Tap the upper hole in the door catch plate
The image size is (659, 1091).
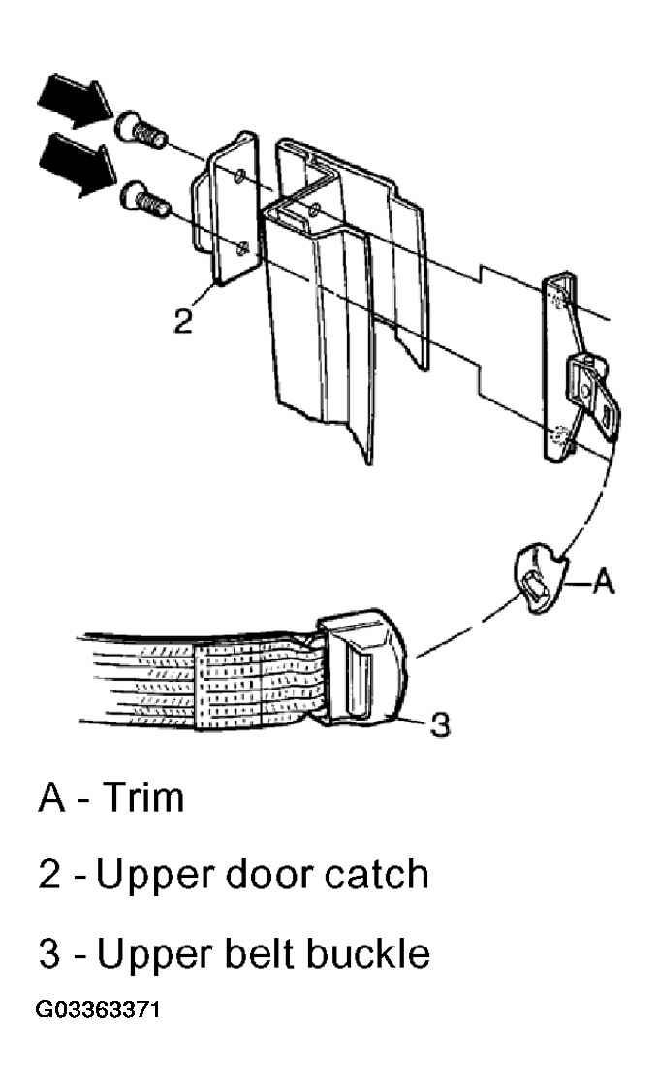[x=239, y=176]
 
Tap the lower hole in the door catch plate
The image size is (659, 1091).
[x=243, y=248]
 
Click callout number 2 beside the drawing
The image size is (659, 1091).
[x=182, y=321]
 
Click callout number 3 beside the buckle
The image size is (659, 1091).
[x=439, y=724]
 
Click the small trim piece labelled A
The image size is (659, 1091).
[x=537, y=578]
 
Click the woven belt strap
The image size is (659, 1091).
[x=202, y=680]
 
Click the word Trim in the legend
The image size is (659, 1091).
[x=143, y=797]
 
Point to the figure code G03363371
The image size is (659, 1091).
[x=97, y=1010]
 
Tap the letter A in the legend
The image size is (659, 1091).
[x=52, y=797]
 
